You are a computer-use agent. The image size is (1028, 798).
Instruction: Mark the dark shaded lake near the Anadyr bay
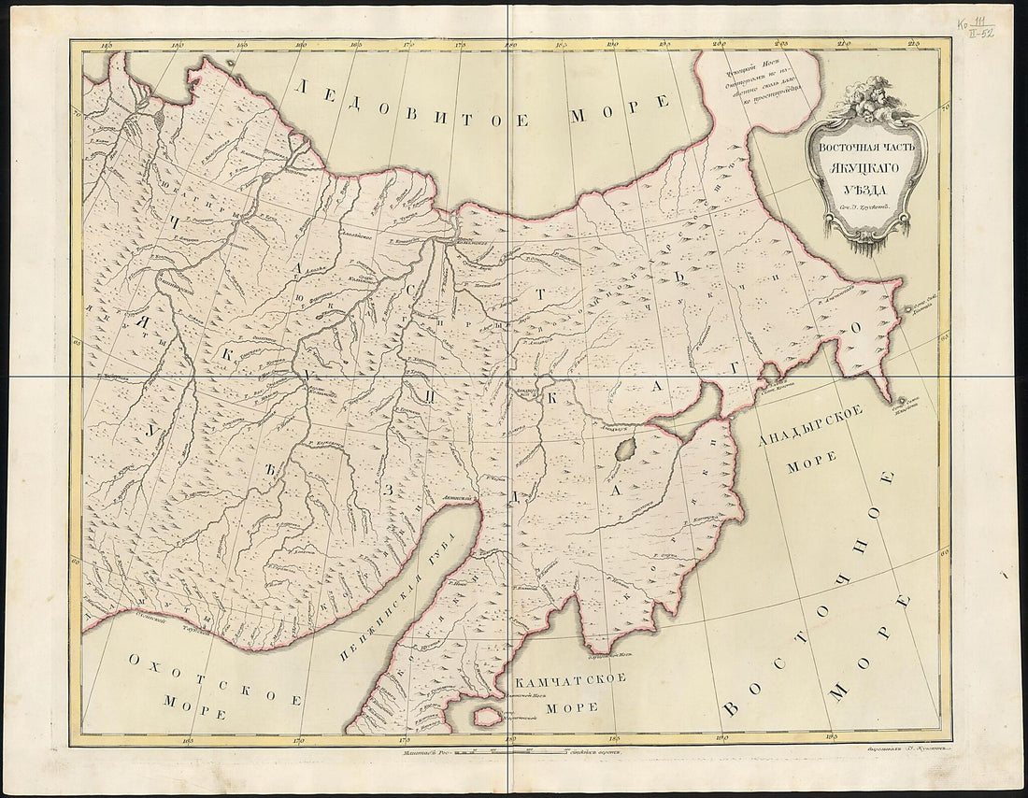coord(626,446)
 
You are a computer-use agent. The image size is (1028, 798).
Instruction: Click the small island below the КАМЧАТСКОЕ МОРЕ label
coord(487,717)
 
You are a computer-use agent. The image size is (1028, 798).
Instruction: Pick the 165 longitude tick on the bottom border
coord(190,736)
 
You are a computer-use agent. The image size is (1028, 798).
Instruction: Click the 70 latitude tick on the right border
coord(944,109)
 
